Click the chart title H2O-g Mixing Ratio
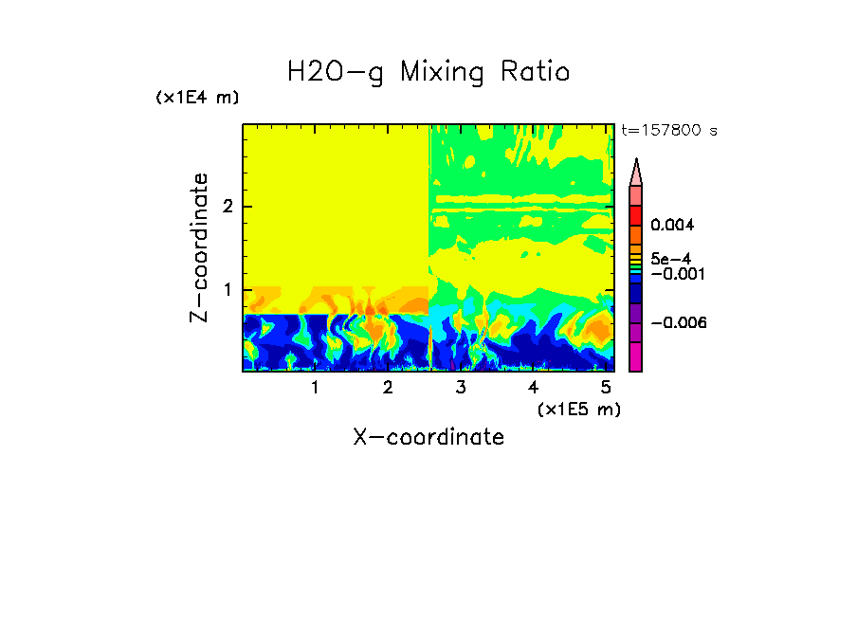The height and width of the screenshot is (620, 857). tap(428, 72)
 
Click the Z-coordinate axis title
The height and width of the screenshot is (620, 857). tap(199, 247)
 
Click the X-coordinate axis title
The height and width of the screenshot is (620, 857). tap(428, 437)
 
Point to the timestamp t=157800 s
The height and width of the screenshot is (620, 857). tap(668, 130)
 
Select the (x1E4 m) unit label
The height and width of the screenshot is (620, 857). tap(197, 98)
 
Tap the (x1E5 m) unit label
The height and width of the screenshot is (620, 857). tap(578, 409)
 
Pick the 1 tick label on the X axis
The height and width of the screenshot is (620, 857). tap(315, 387)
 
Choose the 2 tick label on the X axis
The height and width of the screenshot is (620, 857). tap(388, 387)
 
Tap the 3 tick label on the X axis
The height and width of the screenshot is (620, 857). tap(461, 387)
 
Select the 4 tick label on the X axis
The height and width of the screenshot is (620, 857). tap(533, 387)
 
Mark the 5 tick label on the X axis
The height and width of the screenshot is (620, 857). tap(606, 387)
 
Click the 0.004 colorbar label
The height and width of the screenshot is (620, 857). tap(672, 226)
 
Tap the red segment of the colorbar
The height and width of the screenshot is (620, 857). tap(636, 214)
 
